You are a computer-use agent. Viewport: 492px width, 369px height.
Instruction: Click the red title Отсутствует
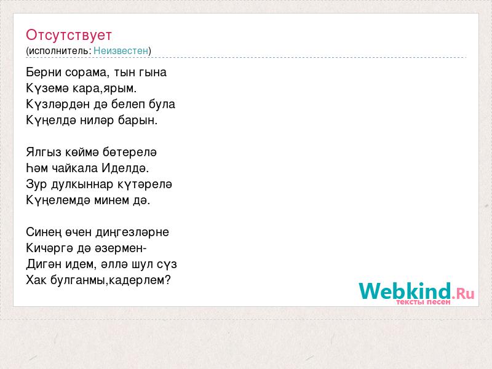[69, 35]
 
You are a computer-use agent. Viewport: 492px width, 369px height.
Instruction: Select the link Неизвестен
[121, 51]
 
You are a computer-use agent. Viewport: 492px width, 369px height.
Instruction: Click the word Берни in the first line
[44, 73]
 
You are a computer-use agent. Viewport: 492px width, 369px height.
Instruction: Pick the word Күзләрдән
[58, 105]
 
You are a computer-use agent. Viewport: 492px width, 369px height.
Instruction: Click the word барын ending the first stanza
[137, 121]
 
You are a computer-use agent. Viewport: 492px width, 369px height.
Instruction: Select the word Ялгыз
[44, 153]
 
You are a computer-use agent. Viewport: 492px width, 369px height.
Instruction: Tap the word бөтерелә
[130, 153]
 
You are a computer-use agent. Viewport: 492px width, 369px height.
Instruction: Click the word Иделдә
[125, 169]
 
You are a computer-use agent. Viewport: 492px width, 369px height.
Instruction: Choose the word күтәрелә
[145, 184]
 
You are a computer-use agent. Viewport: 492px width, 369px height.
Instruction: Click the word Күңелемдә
[58, 200]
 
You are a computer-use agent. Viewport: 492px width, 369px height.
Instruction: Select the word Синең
[44, 232]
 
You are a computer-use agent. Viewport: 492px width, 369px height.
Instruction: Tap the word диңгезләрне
[132, 232]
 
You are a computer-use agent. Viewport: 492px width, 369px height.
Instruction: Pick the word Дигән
[44, 264]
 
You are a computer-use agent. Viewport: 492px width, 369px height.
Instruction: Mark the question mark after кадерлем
[167, 280]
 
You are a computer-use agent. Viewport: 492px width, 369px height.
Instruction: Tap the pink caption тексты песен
[423, 302]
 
